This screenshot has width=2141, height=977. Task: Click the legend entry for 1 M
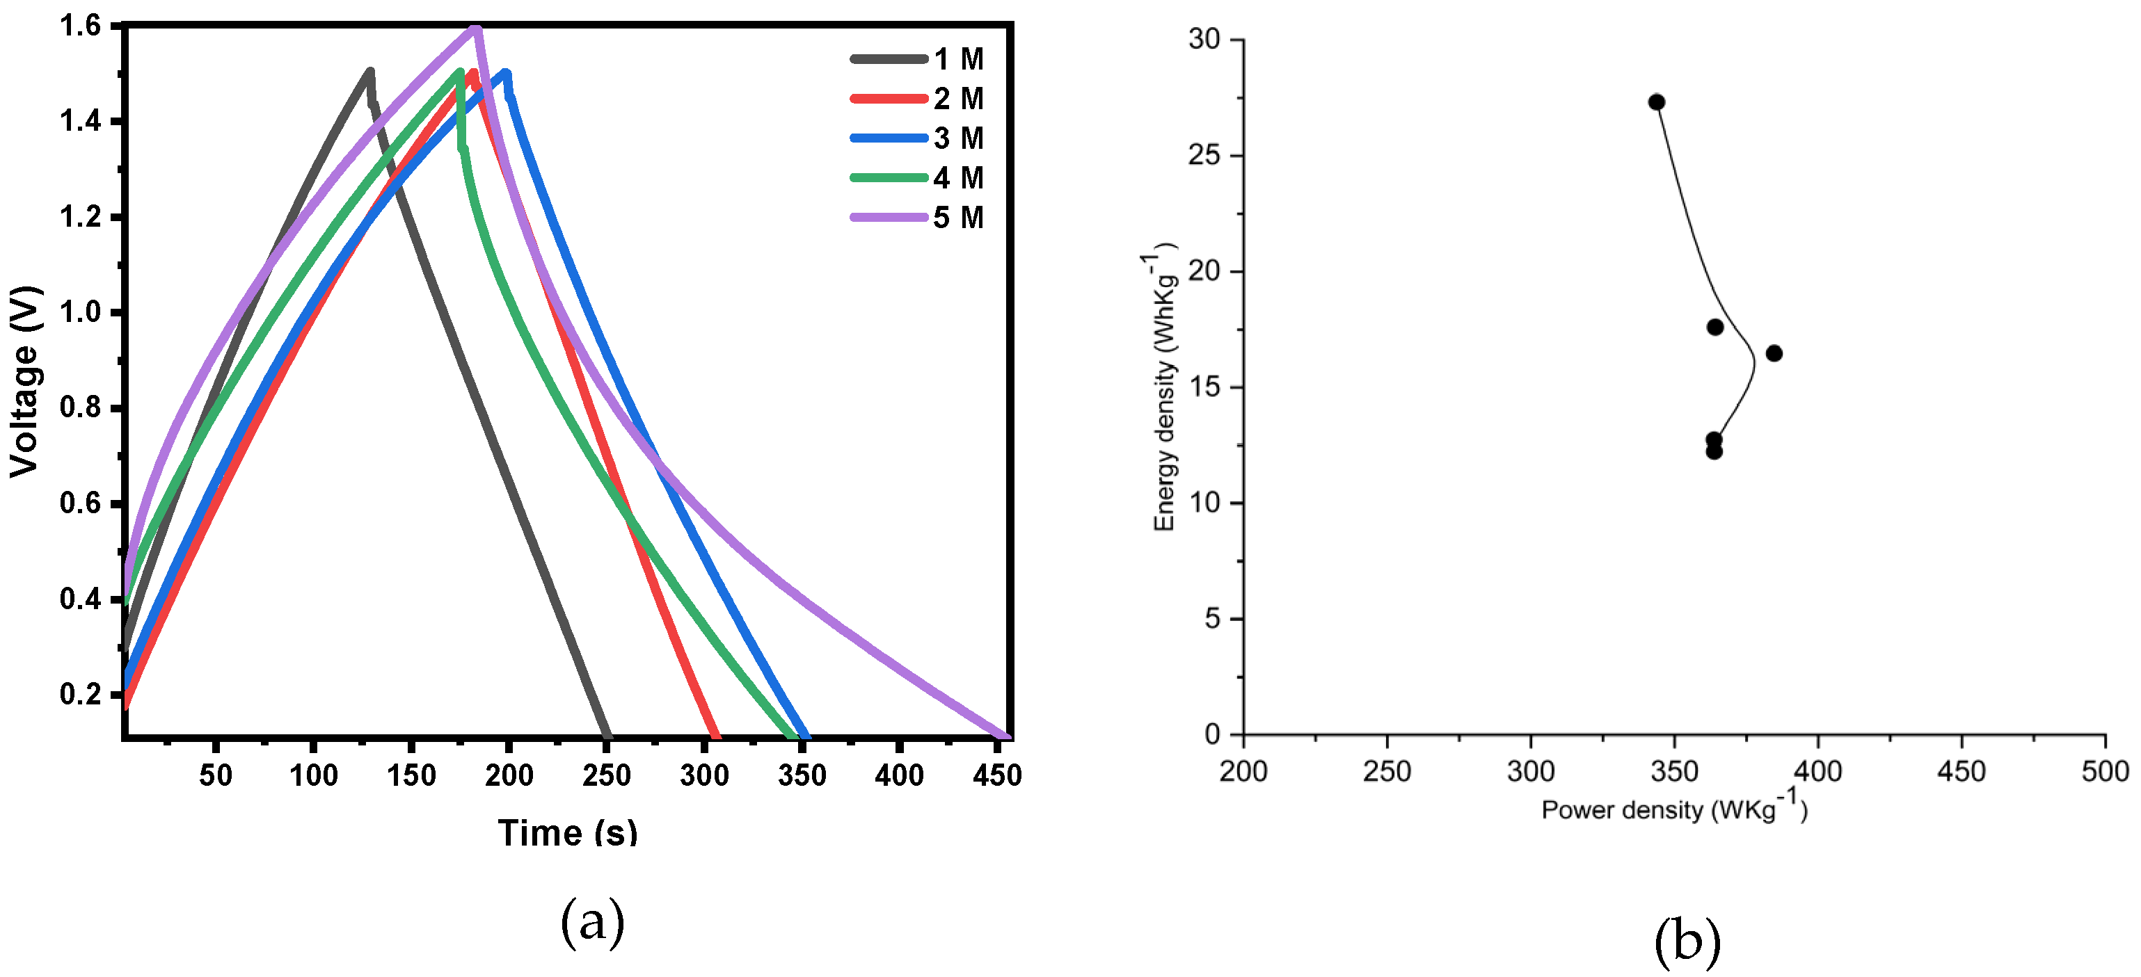(957, 59)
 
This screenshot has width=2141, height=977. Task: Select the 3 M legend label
(957, 138)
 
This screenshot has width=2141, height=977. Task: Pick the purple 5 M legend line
(888, 218)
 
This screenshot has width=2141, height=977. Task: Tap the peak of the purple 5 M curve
(475, 29)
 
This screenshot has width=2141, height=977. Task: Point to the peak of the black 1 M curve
(369, 72)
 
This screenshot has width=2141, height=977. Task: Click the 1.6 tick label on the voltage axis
(80, 26)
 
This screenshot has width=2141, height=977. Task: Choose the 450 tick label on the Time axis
(996, 775)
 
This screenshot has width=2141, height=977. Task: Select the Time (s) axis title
(567, 832)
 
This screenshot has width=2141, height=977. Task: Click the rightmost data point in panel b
(1773, 353)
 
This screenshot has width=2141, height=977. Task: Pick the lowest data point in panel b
(1713, 451)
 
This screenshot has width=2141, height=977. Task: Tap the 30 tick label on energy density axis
(1204, 39)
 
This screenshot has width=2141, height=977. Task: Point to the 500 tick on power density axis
(2103, 771)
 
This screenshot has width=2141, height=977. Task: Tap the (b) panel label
(1687, 942)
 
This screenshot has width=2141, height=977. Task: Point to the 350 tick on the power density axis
(1673, 771)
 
